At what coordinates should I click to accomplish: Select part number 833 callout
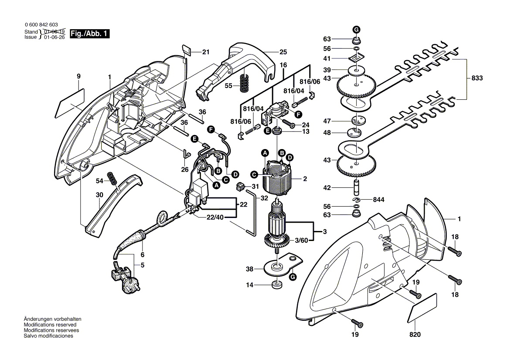(477, 78)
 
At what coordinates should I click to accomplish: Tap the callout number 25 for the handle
(283, 52)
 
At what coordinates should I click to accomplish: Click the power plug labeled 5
(126, 279)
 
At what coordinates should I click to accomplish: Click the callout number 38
(249, 269)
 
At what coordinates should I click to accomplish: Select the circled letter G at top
(356, 30)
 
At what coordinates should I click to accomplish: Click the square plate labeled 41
(357, 58)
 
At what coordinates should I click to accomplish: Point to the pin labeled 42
(357, 188)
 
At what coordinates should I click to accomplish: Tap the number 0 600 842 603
(41, 25)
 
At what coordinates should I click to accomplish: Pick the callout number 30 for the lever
(100, 195)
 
